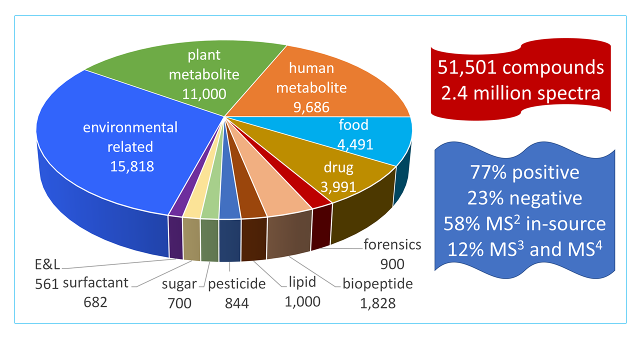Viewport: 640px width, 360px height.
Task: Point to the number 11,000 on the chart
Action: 204,93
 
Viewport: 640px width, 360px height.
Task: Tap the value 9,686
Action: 311,106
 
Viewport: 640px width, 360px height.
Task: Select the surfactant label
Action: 95,283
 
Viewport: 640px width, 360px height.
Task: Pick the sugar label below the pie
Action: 179,284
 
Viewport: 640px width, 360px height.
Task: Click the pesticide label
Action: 236,284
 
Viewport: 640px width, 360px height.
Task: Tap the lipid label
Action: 302,282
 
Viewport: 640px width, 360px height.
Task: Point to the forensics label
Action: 392,245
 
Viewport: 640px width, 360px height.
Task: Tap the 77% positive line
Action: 524,172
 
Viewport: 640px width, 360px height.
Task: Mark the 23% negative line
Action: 524,198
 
